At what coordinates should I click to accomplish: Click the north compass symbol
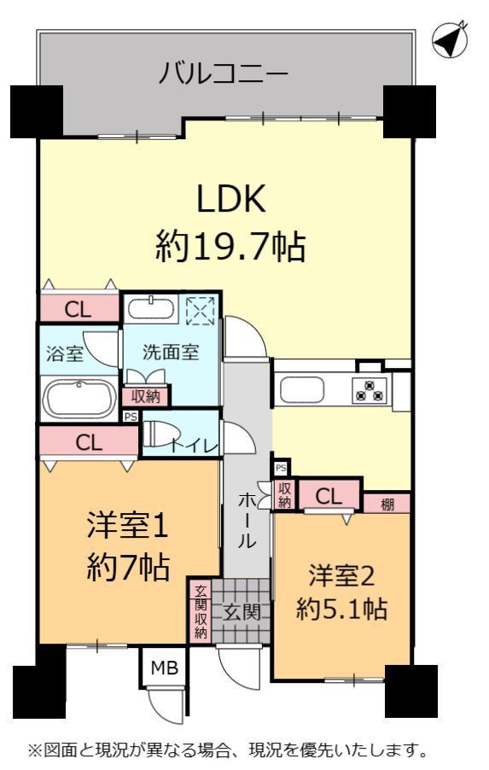coord(450,40)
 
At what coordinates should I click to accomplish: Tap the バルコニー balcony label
coord(224,73)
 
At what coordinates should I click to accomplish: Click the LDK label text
coord(230,198)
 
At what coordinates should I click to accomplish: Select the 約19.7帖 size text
coord(230,246)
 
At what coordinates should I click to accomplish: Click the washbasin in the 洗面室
coord(151,308)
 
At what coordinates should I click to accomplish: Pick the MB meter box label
coord(165,668)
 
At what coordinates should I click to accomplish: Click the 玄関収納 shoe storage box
coord(201,611)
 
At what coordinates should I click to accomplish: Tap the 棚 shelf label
coord(387,504)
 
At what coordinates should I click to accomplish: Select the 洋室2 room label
coord(341,575)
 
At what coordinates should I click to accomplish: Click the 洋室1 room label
coord(128,525)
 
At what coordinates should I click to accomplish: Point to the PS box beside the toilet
coord(130,417)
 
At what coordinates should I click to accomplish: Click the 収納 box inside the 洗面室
coord(146,396)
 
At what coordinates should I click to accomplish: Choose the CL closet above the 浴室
coord(79,308)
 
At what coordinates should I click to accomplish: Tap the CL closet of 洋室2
coord(329,496)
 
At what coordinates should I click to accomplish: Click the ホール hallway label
coord(247,521)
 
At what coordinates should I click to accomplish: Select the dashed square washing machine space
coord(201,311)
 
